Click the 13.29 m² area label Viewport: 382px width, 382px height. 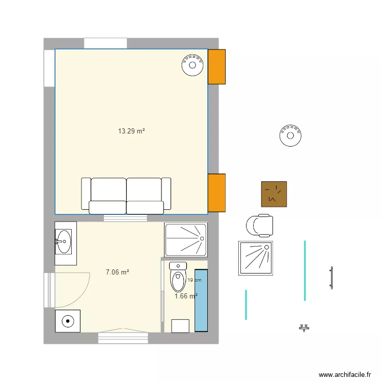132,131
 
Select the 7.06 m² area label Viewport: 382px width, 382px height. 117,272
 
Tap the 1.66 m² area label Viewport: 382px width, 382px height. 186,296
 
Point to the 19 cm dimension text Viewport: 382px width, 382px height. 194,280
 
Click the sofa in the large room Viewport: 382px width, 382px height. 126,196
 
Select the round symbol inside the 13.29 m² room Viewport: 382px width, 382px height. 193,65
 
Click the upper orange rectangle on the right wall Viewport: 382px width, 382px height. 216,66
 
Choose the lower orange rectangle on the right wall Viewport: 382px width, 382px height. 216,193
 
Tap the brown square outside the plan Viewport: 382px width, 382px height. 274,194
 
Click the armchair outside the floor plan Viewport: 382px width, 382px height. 259,226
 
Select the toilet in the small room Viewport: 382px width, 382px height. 178,277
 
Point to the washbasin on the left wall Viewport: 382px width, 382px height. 64,241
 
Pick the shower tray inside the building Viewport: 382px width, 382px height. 186,239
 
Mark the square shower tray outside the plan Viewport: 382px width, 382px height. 256,258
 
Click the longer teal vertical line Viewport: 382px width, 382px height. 305,270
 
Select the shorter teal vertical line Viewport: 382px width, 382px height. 246,305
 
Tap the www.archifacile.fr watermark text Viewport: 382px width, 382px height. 345,374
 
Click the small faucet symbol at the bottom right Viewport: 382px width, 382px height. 305,328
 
